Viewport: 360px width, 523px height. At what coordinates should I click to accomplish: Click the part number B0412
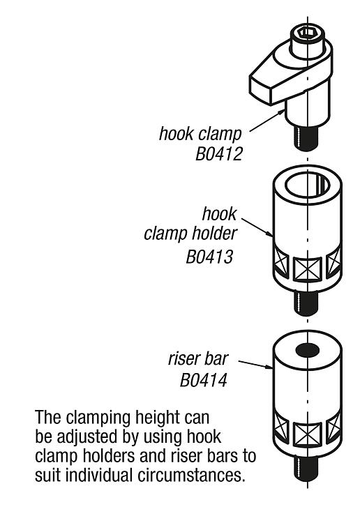click(219, 154)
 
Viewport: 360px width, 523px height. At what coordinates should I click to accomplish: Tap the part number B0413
click(209, 257)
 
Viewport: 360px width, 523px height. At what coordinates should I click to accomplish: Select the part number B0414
click(204, 380)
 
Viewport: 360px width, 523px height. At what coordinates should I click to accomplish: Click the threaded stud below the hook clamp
click(306, 137)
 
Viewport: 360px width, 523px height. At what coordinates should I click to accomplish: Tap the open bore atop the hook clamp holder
click(307, 185)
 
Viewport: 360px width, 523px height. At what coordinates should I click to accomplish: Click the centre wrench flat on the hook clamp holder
click(307, 269)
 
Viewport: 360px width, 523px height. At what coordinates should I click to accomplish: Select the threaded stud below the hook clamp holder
click(306, 303)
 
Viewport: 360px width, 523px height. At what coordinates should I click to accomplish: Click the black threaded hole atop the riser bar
click(307, 350)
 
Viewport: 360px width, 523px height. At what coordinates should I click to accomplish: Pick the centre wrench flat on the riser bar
click(307, 434)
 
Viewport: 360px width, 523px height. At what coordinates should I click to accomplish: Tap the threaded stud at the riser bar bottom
click(306, 469)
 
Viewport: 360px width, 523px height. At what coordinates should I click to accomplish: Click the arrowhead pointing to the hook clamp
click(281, 112)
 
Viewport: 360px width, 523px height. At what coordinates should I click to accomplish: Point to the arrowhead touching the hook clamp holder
click(269, 234)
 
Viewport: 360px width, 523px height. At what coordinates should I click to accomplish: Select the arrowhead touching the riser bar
click(269, 367)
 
